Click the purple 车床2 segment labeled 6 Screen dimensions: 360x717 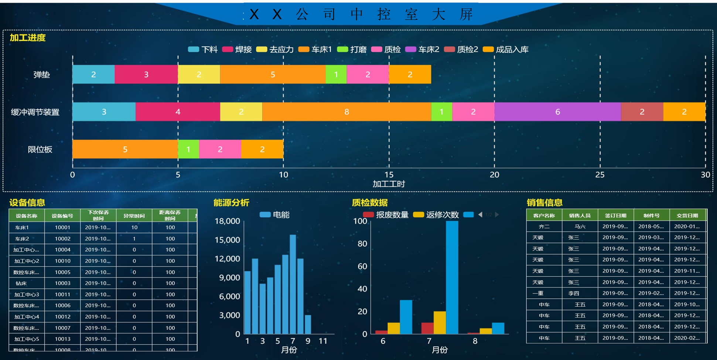click(x=557, y=112)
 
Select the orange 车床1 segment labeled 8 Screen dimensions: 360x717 click(x=346, y=112)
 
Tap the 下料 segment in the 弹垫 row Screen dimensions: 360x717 click(x=93, y=74)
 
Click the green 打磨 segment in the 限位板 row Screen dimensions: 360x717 click(x=188, y=149)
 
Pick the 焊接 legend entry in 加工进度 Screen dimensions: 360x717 click(x=237, y=50)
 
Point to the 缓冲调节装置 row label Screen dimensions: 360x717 click(x=35, y=112)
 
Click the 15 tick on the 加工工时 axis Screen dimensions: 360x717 click(x=389, y=174)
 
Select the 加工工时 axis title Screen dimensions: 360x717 click(x=389, y=184)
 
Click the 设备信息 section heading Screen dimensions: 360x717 click(x=27, y=203)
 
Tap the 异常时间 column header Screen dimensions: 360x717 click(x=134, y=215)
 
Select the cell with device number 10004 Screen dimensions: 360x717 click(x=62, y=250)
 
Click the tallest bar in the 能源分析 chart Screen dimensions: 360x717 click(x=293, y=284)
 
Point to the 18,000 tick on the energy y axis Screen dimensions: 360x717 click(x=227, y=221)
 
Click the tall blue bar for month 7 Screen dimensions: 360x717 click(x=452, y=277)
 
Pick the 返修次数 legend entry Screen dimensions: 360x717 click(x=436, y=215)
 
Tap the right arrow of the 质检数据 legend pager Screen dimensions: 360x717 click(x=497, y=215)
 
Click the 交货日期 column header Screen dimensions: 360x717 click(x=687, y=215)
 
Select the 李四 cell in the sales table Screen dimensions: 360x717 click(x=574, y=293)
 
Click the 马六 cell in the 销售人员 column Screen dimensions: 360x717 click(x=580, y=227)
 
